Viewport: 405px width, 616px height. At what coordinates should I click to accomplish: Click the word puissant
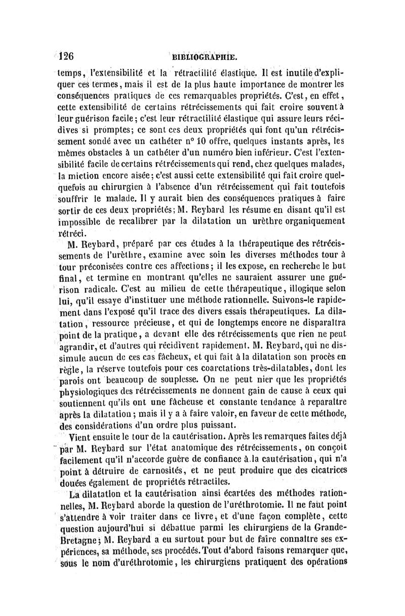pyautogui.click(x=215, y=425)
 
